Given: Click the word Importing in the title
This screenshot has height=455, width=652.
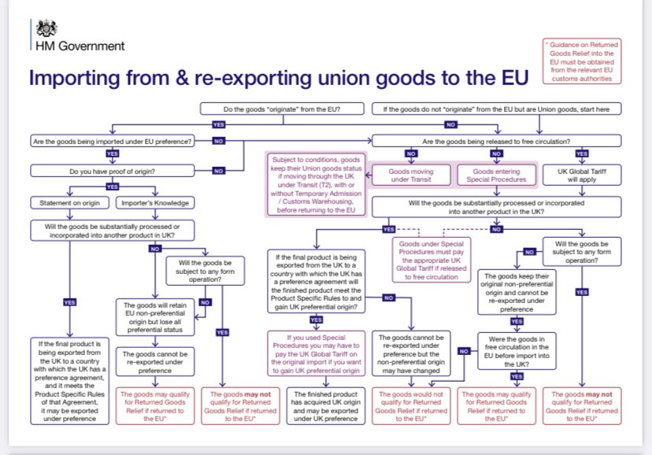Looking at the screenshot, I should [73, 78].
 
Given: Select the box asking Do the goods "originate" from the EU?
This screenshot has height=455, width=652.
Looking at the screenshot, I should [281, 108].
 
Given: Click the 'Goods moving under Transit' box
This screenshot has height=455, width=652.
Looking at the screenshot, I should [411, 175].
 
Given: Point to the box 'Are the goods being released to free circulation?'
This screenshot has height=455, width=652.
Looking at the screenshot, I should [496, 142].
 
